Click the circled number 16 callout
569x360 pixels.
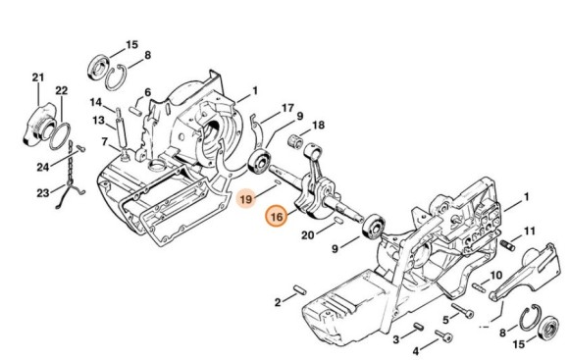pyautogui.click(x=277, y=216)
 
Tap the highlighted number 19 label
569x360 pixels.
pyautogui.click(x=245, y=198)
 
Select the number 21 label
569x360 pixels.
pyautogui.click(x=38, y=77)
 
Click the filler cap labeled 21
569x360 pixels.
pyautogui.click(x=39, y=125)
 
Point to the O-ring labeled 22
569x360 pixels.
pyautogui.click(x=59, y=135)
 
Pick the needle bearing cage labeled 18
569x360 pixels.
pyautogui.click(x=295, y=141)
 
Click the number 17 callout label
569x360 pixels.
pyautogui.click(x=287, y=108)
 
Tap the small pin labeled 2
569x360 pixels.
pyautogui.click(x=299, y=290)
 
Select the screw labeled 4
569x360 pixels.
pyautogui.click(x=443, y=335)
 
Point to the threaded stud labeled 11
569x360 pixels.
pyautogui.click(x=507, y=245)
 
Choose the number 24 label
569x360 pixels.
pyautogui.click(x=43, y=167)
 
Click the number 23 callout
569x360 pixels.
pyautogui.click(x=43, y=192)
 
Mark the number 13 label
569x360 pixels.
pyautogui.click(x=98, y=120)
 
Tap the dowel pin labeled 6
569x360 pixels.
pyautogui.click(x=135, y=110)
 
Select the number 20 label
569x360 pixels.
pyautogui.click(x=307, y=235)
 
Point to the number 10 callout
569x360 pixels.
pyautogui.click(x=495, y=276)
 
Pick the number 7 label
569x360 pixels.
pyautogui.click(x=105, y=142)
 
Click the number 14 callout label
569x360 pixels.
pyautogui.click(x=96, y=102)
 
